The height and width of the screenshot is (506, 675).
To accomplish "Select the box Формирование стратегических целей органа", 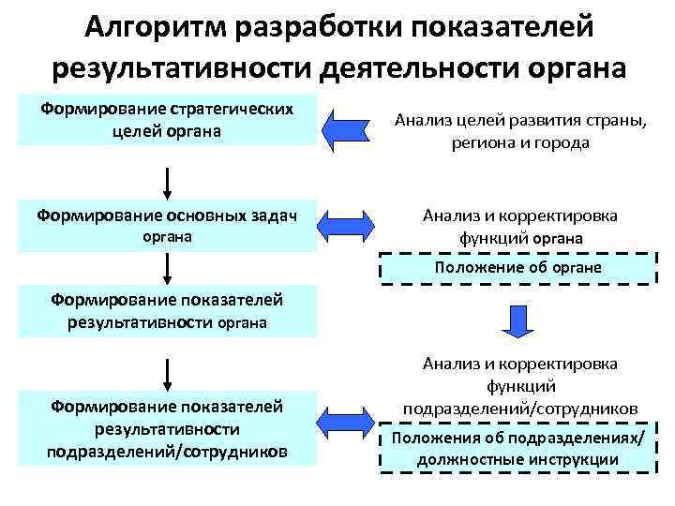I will coord(166,120).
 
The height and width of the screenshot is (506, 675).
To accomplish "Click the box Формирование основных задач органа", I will coord(166,226).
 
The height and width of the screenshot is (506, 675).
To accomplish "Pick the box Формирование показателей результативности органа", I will coord(166,311).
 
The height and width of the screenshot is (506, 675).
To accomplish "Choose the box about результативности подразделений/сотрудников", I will coord(166,429).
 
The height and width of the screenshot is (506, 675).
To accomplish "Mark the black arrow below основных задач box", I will coord(167,267).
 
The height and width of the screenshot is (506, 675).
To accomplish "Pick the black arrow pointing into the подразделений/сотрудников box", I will coord(167,371).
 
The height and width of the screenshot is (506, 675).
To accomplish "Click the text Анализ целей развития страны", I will coord(520,120).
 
